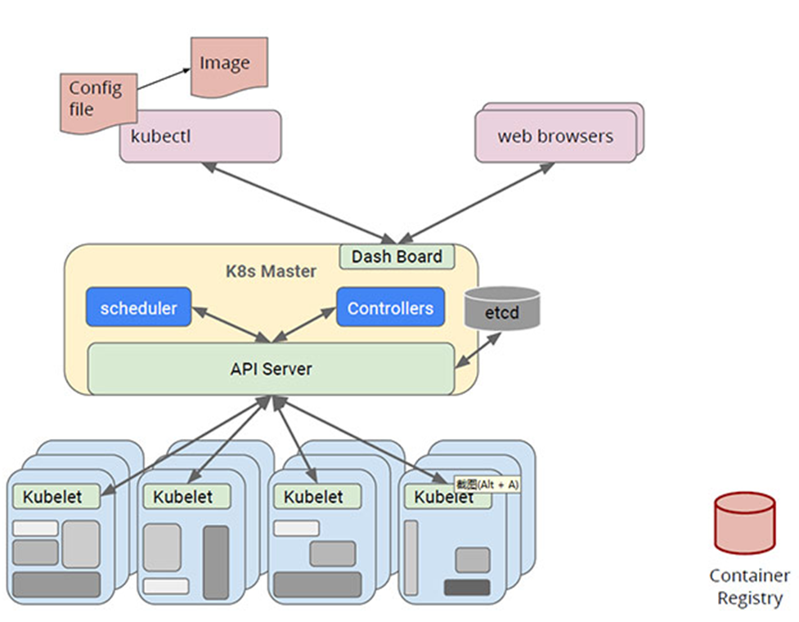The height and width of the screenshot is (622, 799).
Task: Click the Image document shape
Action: pyautogui.click(x=229, y=67)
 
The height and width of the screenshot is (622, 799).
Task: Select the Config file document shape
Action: pyautogui.click(x=99, y=104)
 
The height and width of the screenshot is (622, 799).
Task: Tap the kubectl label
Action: pyautogui.click(x=160, y=136)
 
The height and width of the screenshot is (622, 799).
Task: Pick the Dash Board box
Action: pyautogui.click(x=397, y=256)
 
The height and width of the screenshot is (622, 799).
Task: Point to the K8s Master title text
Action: pyautogui.click(x=271, y=271)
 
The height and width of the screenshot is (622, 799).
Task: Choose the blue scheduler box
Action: pyautogui.click(x=138, y=307)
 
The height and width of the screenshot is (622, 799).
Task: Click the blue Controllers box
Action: pyautogui.click(x=390, y=307)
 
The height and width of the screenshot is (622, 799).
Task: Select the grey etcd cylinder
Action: pyautogui.click(x=502, y=307)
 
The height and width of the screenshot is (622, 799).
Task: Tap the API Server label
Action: pyautogui.click(x=271, y=369)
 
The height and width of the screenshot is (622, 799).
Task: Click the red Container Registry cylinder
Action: pyautogui.click(x=744, y=523)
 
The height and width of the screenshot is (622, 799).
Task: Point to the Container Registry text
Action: pyautogui.click(x=750, y=587)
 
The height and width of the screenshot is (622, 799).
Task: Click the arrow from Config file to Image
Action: pyautogui.click(x=164, y=79)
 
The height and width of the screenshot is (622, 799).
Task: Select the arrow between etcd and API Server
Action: pyautogui.click(x=478, y=350)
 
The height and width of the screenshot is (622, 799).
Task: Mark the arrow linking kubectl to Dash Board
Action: pyautogui.click(x=299, y=203)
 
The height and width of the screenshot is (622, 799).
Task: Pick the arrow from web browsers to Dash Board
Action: pyautogui.click(x=476, y=203)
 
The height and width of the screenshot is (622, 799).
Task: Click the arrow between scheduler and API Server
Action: pyautogui.click(x=231, y=324)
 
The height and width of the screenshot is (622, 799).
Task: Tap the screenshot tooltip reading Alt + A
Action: pyautogui.click(x=487, y=485)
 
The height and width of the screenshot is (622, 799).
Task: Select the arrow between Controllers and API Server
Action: pyautogui.click(x=304, y=324)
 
